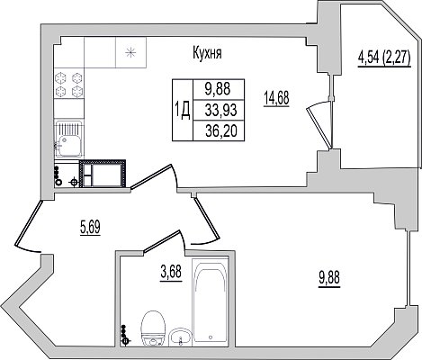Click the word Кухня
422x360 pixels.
(x=207, y=53)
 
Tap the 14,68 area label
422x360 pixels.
(x=276, y=99)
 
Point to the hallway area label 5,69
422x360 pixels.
(x=90, y=228)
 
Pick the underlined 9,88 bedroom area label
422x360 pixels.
(x=329, y=278)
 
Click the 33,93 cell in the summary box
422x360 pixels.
(x=221, y=111)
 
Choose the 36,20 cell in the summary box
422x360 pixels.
(x=221, y=131)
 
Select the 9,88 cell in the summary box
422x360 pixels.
(x=218, y=89)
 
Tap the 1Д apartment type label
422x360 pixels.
(x=183, y=111)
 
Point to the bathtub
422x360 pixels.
(x=210, y=300)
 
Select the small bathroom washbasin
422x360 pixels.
(x=179, y=337)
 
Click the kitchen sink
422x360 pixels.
(x=68, y=139)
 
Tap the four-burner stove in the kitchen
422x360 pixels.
(x=69, y=84)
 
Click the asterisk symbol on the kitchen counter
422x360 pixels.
(x=130, y=52)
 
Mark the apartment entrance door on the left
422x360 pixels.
(x=28, y=228)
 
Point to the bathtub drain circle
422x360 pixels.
(x=211, y=337)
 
